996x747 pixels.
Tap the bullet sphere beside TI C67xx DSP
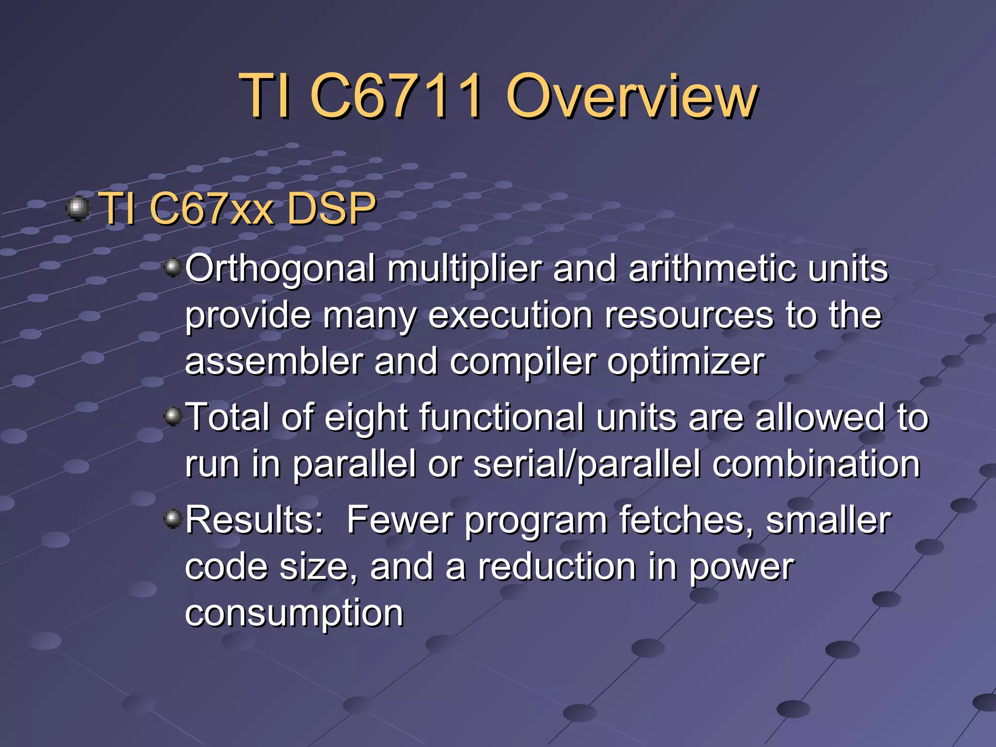[x=77, y=209]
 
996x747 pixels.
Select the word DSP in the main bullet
[x=331, y=209]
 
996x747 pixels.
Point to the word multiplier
[x=464, y=269]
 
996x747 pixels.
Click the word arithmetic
[x=712, y=269]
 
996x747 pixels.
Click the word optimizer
[x=686, y=362]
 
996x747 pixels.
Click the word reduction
[x=557, y=567]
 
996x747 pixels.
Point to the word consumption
[x=294, y=614]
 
